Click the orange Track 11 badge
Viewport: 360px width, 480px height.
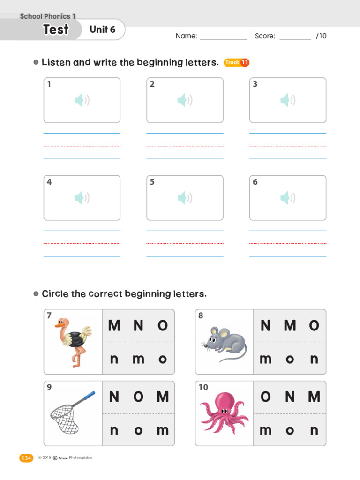point(236,62)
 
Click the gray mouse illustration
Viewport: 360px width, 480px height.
point(225,343)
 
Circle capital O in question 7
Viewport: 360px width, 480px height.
point(163,325)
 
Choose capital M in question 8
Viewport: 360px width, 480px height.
point(290,325)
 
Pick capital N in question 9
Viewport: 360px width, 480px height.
point(114,397)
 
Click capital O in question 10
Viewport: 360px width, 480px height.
point(265,397)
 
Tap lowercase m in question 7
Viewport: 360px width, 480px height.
point(138,359)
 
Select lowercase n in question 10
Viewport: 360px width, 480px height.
point(314,430)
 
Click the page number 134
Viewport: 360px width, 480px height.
point(26,458)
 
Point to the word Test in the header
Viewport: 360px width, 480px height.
point(56,30)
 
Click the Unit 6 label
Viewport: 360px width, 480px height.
point(102,30)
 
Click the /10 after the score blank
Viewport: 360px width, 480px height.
point(321,36)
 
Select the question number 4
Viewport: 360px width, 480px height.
point(49,182)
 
